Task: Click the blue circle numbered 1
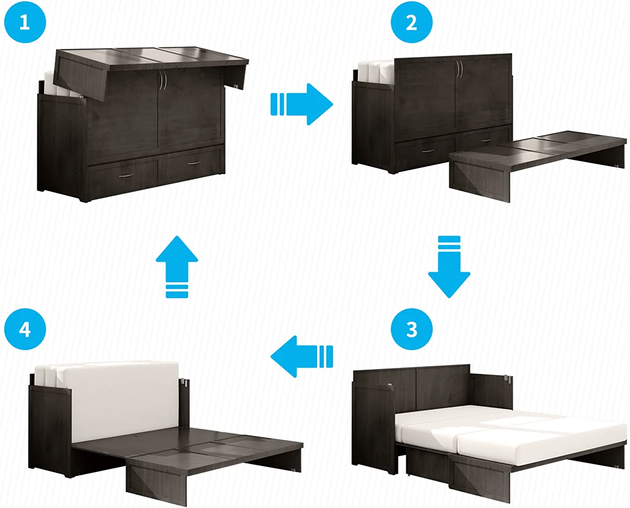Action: click(x=25, y=22)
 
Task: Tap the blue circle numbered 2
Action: click(x=412, y=22)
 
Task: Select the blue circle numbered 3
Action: click(x=412, y=329)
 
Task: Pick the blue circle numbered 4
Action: click(x=25, y=329)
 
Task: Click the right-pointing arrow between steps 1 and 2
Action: click(x=302, y=104)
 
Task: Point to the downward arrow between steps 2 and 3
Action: click(x=449, y=267)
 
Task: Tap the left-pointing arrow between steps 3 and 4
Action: click(x=302, y=356)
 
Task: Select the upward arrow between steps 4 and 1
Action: click(x=177, y=267)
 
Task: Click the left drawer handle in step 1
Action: click(x=126, y=175)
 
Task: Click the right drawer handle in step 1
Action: click(x=194, y=162)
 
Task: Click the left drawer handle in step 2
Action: click(x=428, y=151)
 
